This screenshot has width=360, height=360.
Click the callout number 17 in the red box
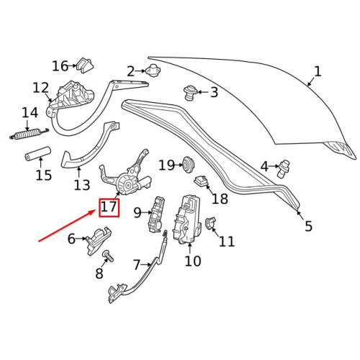[x=109, y=209]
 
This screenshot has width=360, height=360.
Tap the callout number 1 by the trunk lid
[x=318, y=71]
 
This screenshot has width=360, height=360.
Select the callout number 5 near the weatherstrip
[x=308, y=226]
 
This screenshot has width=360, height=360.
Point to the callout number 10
[x=192, y=261]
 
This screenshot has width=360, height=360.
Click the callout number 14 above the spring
[x=30, y=113]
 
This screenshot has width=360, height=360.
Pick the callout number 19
[x=166, y=166]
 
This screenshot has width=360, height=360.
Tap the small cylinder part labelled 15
[x=37, y=154]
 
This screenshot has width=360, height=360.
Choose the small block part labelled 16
[x=86, y=63]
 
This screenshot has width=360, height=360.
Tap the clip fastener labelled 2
[x=153, y=71]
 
